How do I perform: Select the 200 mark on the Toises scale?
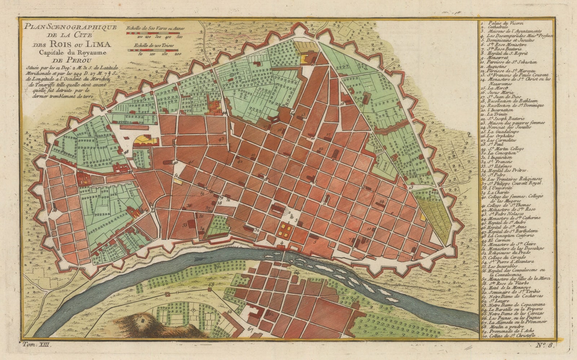177,54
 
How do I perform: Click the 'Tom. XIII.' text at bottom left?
38,345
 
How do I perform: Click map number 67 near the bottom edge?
251,329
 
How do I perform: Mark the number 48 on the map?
125,152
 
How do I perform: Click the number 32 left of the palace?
257,230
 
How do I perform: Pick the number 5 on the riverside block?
314,243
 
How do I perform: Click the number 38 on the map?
219,203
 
